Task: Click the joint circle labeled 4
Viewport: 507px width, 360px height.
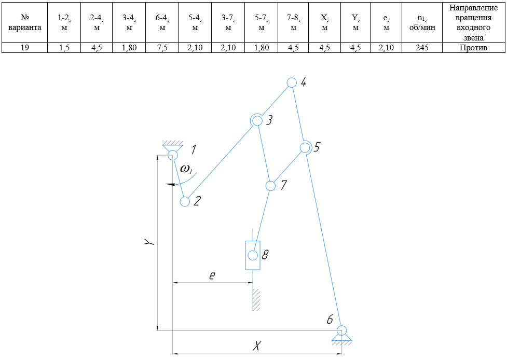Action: [292, 82]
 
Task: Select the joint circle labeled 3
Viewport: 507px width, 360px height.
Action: [256, 120]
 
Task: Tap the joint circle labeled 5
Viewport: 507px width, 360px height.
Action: [305, 147]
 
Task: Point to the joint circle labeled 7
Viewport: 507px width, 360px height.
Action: [270, 185]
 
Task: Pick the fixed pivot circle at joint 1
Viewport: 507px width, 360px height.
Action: [172, 155]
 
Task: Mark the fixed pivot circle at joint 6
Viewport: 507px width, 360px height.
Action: [341, 330]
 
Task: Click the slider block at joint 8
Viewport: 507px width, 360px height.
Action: [253, 255]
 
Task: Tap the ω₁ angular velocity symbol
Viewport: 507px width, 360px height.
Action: [186, 169]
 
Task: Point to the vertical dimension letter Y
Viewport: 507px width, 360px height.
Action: [149, 242]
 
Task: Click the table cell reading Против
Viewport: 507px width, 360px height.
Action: [473, 48]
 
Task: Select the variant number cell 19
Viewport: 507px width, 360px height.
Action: [24, 48]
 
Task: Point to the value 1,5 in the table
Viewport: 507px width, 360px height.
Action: [64, 48]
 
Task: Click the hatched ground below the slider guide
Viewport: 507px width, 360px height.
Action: [256, 300]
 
